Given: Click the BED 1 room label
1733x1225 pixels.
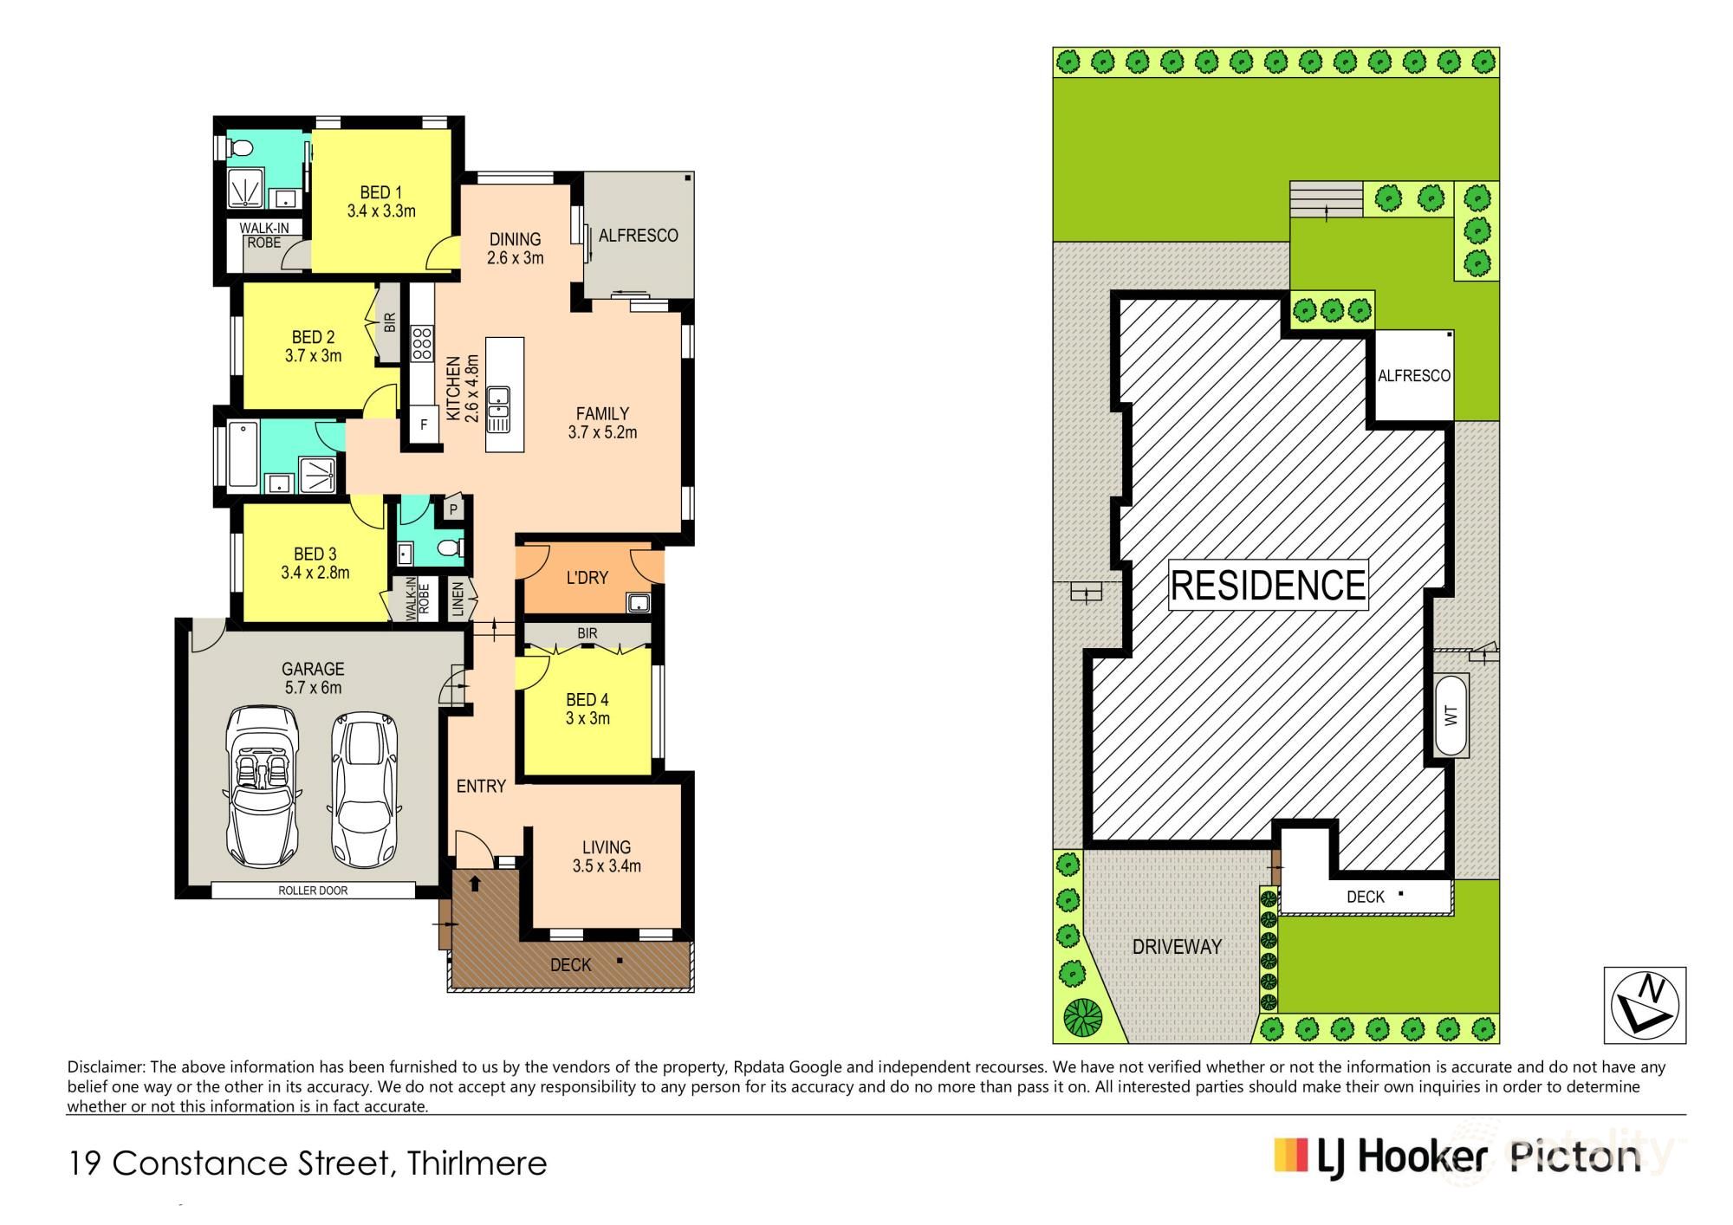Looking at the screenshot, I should (x=380, y=192).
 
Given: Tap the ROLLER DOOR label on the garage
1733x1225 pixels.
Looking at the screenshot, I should (x=313, y=891).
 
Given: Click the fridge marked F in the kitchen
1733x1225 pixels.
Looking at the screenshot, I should (x=424, y=425).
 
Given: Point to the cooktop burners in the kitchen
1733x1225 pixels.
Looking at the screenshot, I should (x=422, y=344).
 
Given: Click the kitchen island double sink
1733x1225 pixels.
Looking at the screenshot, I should (x=498, y=410).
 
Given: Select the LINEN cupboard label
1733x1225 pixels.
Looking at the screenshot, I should (x=458, y=600).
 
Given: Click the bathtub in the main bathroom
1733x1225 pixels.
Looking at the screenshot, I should (x=243, y=454).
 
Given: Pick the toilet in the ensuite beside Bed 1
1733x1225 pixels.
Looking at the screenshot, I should (x=237, y=148).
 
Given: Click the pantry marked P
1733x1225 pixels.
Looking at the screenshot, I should (x=453, y=509).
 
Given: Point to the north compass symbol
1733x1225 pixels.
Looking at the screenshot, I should (x=1645, y=1005).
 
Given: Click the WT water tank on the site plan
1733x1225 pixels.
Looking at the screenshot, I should (x=1451, y=716).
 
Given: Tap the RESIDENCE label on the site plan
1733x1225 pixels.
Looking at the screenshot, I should (x=1268, y=585).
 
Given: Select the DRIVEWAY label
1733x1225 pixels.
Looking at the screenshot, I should (x=1177, y=947).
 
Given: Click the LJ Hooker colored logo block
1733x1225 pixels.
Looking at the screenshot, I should (x=1290, y=1155).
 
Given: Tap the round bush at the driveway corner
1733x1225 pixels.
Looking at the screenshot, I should (x=1082, y=1018).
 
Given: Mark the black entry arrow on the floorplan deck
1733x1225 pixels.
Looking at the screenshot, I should (x=475, y=884).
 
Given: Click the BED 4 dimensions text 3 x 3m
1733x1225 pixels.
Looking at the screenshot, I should (x=587, y=718).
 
